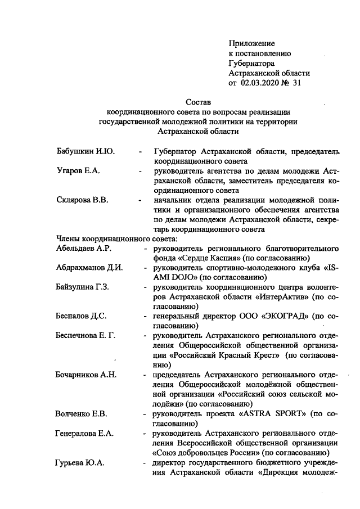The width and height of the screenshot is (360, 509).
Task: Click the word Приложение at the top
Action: (x=251, y=43)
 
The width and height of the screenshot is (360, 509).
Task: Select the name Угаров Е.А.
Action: (x=78, y=171)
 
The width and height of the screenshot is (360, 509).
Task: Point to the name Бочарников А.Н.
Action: (x=86, y=375)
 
